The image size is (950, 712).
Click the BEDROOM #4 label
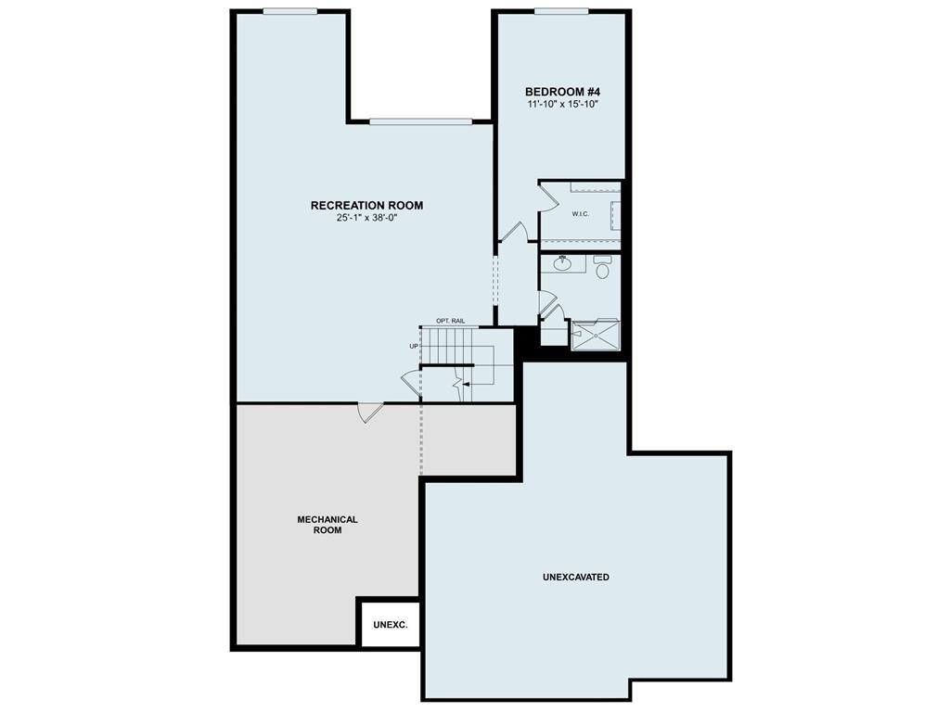coord(562,92)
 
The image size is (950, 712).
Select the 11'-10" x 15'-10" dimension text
coord(562,105)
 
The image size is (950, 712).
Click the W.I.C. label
coord(580,214)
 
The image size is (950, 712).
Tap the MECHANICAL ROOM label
coord(327,525)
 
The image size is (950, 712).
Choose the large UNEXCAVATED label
coord(575,577)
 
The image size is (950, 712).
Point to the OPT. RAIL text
coord(450,321)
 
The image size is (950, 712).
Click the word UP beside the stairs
coord(414,346)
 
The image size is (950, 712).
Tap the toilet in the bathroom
coord(602,270)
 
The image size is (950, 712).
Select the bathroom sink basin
coord(562,263)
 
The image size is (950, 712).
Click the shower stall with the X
coord(594,335)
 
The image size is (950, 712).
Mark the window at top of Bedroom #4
coord(560,11)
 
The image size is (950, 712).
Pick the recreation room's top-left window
coord(289,11)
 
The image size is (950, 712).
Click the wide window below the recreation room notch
coord(421,121)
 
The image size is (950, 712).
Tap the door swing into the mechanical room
coord(369,412)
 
